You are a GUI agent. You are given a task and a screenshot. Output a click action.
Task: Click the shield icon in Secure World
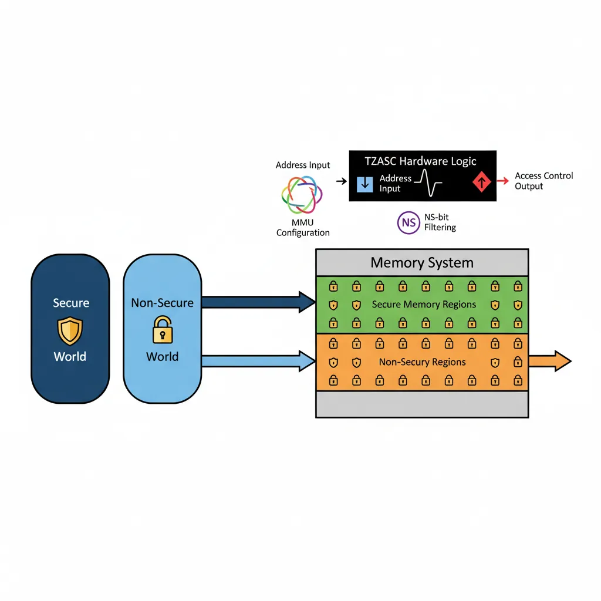click(x=70, y=330)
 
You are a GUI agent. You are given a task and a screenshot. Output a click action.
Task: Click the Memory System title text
click(x=422, y=262)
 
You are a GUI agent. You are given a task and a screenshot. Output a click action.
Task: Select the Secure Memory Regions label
click(x=424, y=305)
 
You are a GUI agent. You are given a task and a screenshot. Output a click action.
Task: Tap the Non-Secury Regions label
click(x=422, y=362)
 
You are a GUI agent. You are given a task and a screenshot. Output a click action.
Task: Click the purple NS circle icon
click(x=408, y=222)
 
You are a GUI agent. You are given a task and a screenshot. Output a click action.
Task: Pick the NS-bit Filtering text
click(x=440, y=222)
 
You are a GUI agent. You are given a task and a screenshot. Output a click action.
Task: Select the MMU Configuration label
click(x=303, y=228)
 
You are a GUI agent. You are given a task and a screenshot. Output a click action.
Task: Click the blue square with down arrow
click(x=365, y=183)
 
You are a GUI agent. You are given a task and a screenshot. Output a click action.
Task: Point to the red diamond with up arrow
click(x=481, y=183)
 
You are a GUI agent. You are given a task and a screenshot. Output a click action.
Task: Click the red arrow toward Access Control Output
click(x=502, y=182)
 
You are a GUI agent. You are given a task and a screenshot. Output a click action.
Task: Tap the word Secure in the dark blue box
click(x=71, y=303)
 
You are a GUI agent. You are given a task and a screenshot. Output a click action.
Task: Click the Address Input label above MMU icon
click(x=303, y=166)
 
